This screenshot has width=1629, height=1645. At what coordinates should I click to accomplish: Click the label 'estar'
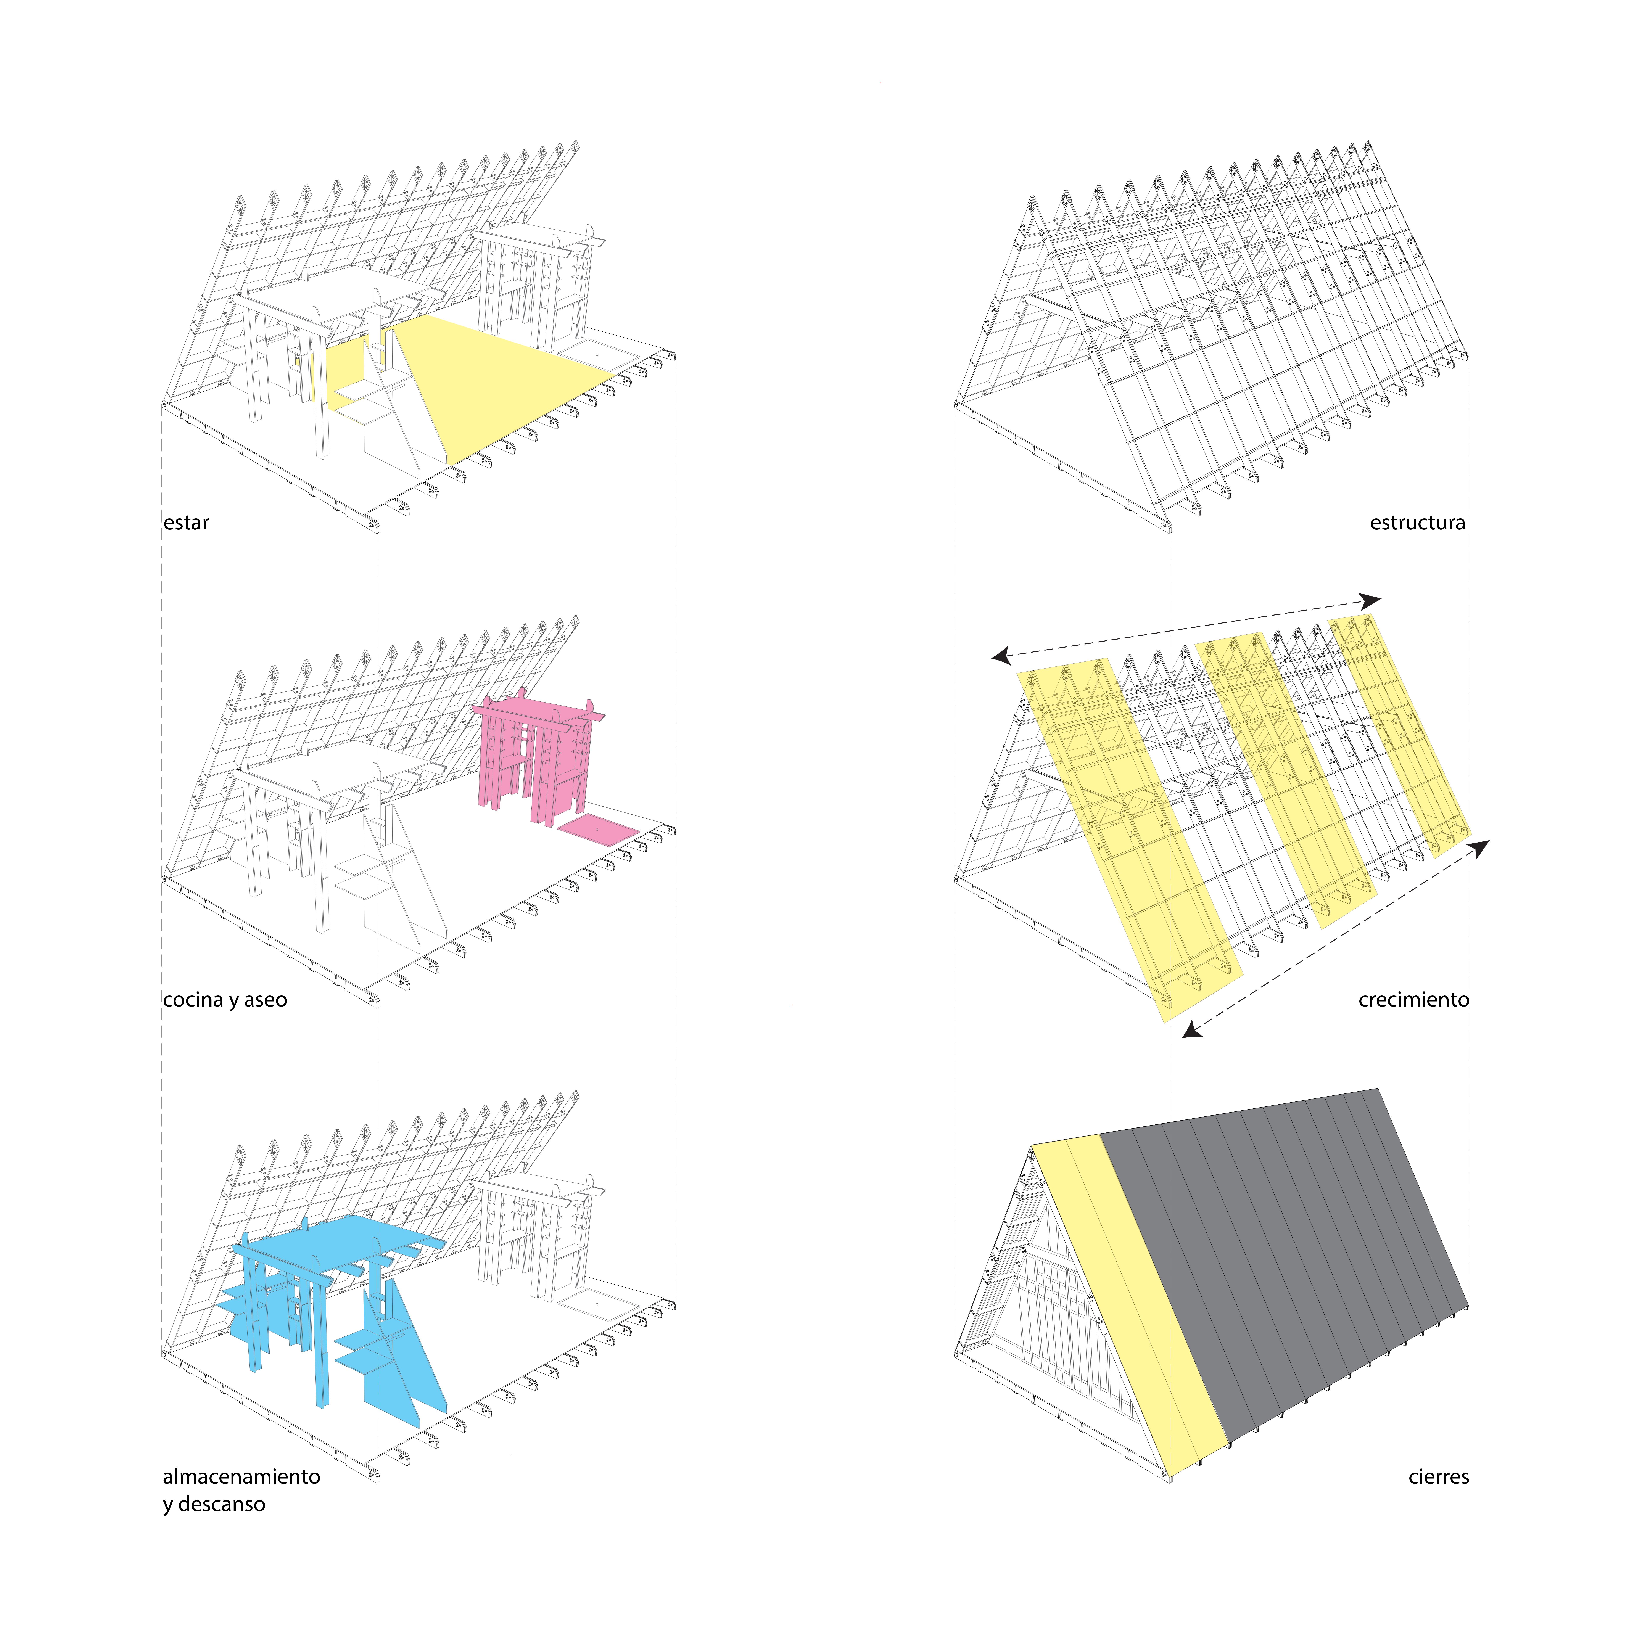(186, 523)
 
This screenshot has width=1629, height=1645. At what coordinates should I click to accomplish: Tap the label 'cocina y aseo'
(225, 1000)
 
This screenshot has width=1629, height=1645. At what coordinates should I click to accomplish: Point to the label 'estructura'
(1417, 523)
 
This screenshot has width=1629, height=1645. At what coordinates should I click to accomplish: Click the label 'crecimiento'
(1413, 1000)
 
